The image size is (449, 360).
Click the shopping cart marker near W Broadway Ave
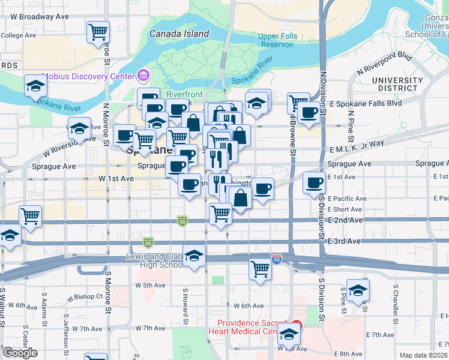[98, 32]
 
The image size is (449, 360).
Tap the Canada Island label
[179, 34]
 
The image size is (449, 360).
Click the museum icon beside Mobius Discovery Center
[143, 76]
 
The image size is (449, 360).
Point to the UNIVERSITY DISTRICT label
[397, 84]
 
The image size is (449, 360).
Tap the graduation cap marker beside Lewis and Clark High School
[194, 257]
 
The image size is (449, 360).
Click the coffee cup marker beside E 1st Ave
[314, 182]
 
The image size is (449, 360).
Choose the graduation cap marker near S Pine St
[358, 291]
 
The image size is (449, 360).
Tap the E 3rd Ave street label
[344, 241]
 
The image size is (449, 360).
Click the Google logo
[20, 353]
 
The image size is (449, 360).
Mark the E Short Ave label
[345, 209]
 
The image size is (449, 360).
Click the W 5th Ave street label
[150, 286]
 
